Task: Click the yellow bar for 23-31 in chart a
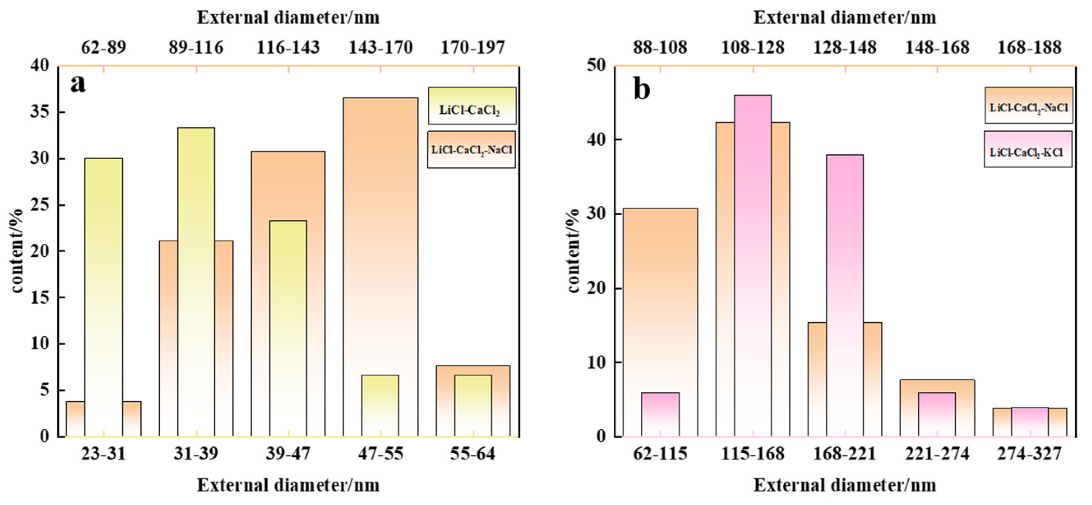104,297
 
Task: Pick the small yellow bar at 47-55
380,405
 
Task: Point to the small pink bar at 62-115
660,414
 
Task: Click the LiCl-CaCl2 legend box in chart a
472,106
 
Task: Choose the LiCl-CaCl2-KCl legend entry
1027,149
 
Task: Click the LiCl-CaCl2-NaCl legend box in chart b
1028,105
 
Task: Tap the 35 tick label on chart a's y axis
40,112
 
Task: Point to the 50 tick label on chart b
597,66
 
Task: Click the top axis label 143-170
380,47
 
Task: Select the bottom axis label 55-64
472,454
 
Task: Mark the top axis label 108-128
753,47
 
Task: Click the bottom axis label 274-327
1029,454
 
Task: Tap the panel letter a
78,83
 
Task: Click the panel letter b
642,89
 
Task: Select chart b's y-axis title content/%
573,251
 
